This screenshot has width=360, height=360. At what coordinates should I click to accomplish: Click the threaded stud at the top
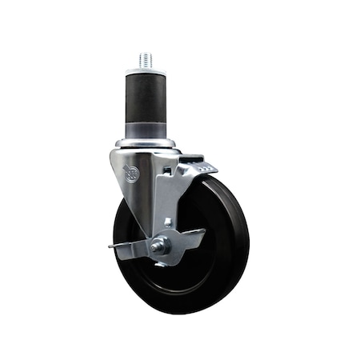(x=146, y=60)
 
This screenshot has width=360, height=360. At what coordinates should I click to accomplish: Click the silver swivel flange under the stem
(x=147, y=145)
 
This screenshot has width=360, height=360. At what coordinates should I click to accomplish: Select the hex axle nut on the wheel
(x=159, y=246)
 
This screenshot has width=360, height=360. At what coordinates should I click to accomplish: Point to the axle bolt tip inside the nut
(x=158, y=246)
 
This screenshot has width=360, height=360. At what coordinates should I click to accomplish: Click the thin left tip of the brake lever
(x=113, y=247)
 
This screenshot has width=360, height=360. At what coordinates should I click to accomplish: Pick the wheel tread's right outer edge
(x=248, y=232)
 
